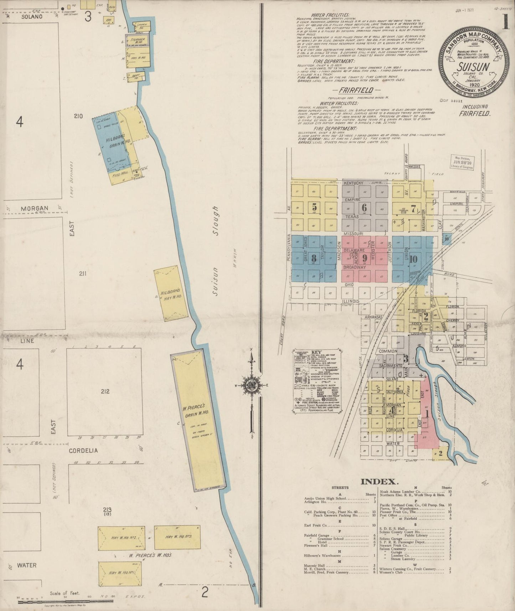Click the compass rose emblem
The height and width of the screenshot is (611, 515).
tap(252, 385)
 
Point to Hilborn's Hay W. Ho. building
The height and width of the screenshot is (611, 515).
tap(171, 293)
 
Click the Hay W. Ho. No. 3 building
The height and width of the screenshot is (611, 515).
tap(177, 537)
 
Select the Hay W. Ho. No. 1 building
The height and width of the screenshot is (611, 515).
tap(120, 573)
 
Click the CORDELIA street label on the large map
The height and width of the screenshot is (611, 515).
tap(83, 451)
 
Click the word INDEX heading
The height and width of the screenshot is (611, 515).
tap(379, 482)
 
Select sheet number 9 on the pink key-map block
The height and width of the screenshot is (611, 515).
tap(364, 258)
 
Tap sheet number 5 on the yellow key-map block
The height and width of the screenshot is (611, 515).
tap(314, 206)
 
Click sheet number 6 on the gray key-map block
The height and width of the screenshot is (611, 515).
tap(364, 207)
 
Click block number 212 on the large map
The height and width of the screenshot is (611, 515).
tap(105, 391)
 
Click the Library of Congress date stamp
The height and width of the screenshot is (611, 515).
tap(462, 162)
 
